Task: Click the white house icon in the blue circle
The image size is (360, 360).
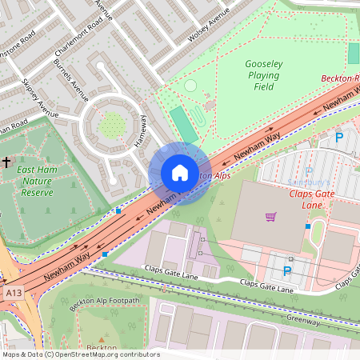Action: point(179,174)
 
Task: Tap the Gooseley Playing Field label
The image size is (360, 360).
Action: point(262,75)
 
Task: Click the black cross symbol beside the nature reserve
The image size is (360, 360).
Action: point(6,162)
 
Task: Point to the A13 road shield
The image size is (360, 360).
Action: point(12,294)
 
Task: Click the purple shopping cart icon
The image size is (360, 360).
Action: point(271,216)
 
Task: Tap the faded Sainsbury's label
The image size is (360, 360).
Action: point(309,182)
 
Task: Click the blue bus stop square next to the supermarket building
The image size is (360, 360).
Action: point(308,226)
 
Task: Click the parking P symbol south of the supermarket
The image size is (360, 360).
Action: point(286,270)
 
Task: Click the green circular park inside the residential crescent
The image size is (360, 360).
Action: point(114,125)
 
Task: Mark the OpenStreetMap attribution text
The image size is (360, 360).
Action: point(81,354)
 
